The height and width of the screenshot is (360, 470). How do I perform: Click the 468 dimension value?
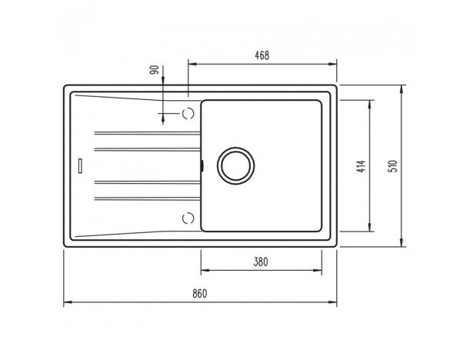262,55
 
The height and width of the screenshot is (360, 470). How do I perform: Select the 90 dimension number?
155,70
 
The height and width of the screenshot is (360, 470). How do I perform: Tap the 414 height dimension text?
362,166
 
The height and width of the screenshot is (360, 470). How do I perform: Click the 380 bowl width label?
261,262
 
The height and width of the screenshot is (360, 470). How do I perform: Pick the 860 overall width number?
200,293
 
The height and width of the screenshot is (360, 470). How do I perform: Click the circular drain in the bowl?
236,165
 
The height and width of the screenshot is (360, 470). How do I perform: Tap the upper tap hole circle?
188,113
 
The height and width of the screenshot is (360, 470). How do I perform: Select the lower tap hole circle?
188,218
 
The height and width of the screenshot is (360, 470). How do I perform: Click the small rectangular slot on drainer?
80,165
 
